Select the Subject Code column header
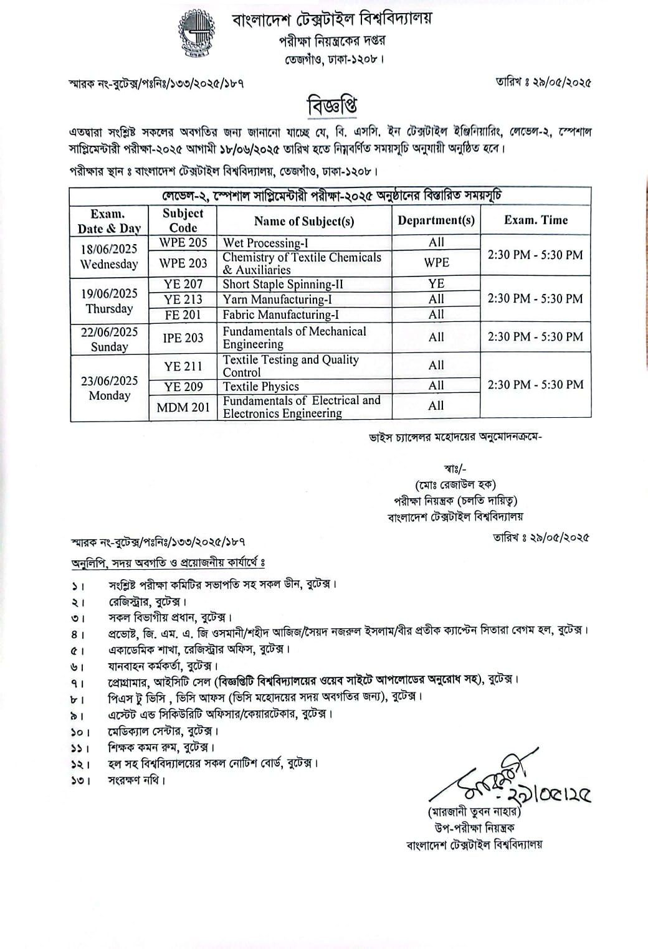(183, 220)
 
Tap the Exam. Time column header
(536, 220)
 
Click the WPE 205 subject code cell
(183, 242)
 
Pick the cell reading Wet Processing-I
(265, 243)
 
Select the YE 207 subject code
(183, 284)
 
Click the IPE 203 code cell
(183, 338)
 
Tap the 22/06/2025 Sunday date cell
(109, 339)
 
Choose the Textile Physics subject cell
(261, 386)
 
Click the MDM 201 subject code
(183, 407)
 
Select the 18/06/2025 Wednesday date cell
(109, 256)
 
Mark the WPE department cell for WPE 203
(436, 263)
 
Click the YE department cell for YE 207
(436, 284)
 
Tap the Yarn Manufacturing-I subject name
(277, 300)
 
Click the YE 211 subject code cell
(183, 366)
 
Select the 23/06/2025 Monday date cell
(109, 388)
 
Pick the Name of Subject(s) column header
(304, 220)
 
